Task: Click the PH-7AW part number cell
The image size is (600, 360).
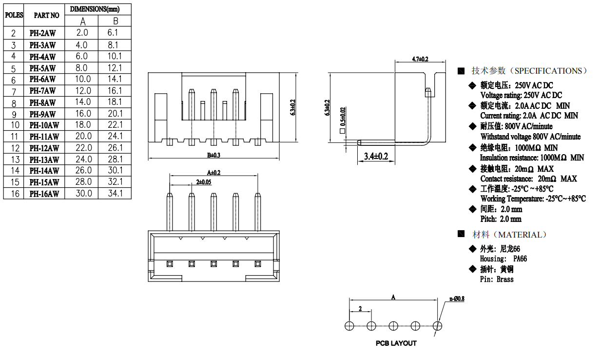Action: click(x=43, y=91)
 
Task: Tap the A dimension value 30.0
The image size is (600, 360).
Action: click(x=83, y=194)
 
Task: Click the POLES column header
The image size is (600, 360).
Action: click(x=14, y=15)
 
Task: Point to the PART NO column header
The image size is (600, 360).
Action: click(x=46, y=15)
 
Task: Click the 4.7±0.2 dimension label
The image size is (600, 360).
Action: click(x=420, y=59)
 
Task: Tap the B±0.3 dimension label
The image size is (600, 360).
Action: click(x=213, y=155)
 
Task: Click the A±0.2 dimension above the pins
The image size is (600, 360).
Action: click(x=213, y=172)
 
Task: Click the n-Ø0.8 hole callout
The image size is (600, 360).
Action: click(x=457, y=299)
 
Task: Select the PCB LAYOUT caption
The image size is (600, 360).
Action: click(x=396, y=343)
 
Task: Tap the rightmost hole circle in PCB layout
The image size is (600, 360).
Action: click(x=438, y=325)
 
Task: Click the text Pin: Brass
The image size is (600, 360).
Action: click(x=496, y=280)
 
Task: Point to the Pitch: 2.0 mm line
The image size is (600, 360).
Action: click(x=501, y=219)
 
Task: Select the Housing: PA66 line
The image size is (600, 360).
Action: click(x=503, y=259)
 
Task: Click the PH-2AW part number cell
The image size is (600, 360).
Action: click(x=43, y=33)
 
